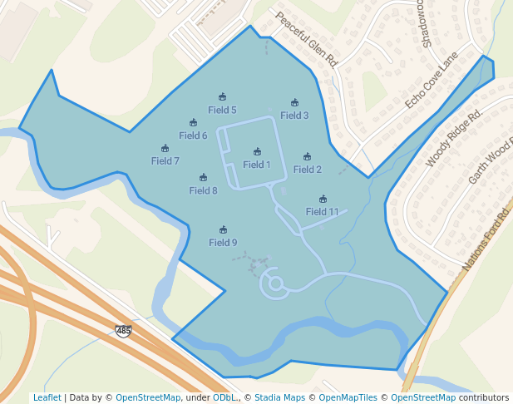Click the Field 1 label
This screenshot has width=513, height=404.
click(257, 165)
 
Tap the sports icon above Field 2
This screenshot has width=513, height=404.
click(308, 157)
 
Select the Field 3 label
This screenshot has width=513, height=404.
click(294, 116)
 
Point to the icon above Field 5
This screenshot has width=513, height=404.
click(222, 97)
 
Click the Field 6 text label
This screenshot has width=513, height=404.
click(193, 135)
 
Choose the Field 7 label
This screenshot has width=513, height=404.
click(165, 161)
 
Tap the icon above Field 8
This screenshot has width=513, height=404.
click(204, 178)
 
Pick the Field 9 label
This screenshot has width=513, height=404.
click(223, 243)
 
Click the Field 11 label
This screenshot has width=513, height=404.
click(323, 212)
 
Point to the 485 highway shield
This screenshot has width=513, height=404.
click(123, 331)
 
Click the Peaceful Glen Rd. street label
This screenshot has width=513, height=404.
click(307, 38)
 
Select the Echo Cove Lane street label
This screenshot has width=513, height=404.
click(432, 80)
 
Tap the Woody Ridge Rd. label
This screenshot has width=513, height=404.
click(454, 137)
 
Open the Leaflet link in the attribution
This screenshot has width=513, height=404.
click(47, 397)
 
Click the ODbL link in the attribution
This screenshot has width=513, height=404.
click(224, 397)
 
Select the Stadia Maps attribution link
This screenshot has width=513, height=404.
click(279, 397)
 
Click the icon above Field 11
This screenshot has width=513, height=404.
click(323, 200)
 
